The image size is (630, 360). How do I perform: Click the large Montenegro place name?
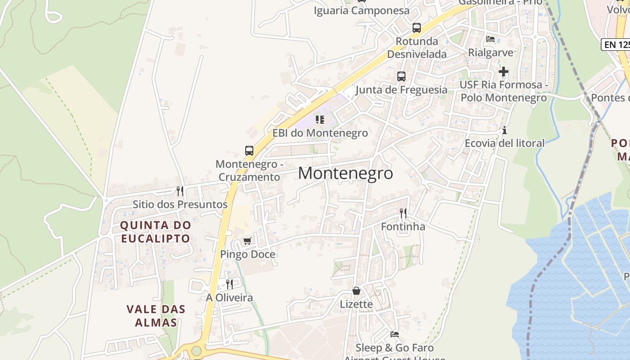pos(345,173)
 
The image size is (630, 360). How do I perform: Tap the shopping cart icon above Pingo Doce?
pos(247,241)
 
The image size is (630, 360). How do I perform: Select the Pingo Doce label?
pos(247,254)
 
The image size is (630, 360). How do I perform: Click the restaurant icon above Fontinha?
pos(403,213)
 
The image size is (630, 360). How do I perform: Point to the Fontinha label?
pos(403,226)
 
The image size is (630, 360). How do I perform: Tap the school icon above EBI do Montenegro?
pos(320,120)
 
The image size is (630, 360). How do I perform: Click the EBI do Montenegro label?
pos(320,133)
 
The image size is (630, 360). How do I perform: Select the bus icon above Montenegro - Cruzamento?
pos(249,151)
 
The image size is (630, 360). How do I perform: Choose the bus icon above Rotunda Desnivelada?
pos(417,28)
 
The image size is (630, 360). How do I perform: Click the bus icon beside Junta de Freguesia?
pos(401,76)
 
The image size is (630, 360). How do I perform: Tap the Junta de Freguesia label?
pos(401,90)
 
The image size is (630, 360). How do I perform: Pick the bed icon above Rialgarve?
pos(490,39)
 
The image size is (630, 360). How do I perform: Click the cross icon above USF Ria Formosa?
pos(504,72)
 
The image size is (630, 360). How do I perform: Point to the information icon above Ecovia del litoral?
pos(504,130)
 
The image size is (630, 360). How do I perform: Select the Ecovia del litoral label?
pos(504,143)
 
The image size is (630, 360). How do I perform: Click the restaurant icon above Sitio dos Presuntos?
pos(180,191)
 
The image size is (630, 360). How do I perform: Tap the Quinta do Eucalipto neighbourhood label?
pos(155,231)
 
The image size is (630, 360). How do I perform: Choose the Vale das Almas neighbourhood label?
pos(156,316)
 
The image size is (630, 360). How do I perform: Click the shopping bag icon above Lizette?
pos(356,291)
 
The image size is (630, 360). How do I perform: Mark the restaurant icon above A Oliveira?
pos(229,284)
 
